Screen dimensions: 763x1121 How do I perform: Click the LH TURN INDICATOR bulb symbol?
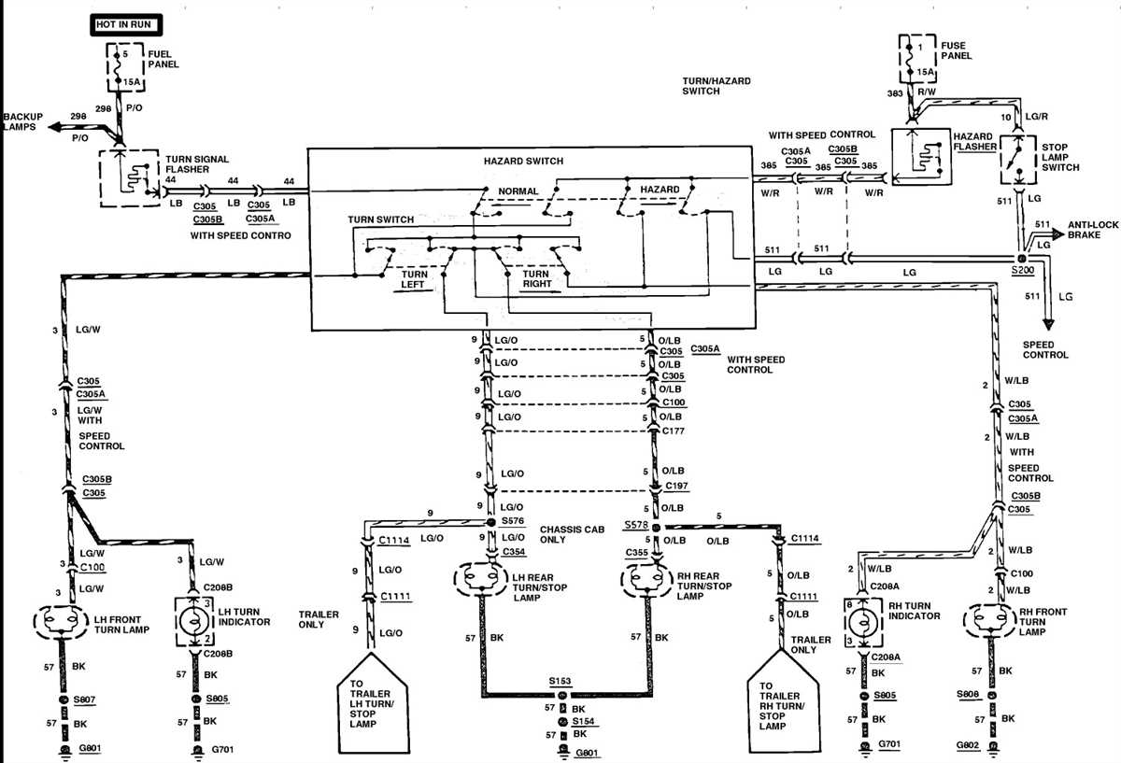pyautogui.click(x=196, y=621)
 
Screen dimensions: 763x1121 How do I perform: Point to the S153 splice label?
pyautogui.click(x=560, y=683)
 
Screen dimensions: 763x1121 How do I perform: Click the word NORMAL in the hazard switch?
pyautogui.click(x=518, y=191)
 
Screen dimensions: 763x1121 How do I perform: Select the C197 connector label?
pyautogui.click(x=676, y=487)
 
